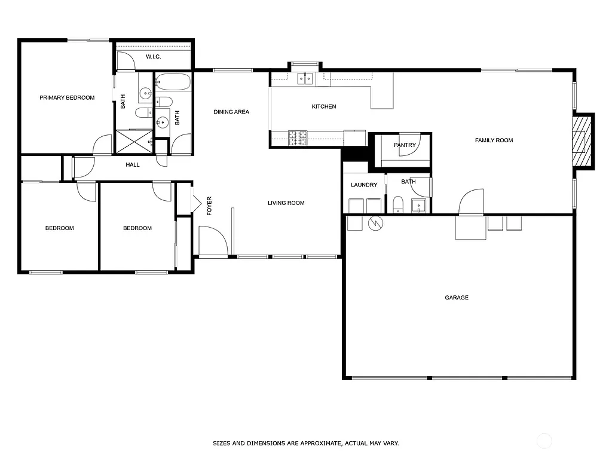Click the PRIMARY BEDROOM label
pyautogui.click(x=67, y=97)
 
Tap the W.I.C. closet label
pyautogui.click(x=154, y=57)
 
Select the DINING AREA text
pyautogui.click(x=231, y=112)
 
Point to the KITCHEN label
pyautogui.click(x=324, y=106)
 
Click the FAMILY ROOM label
pyautogui.click(x=494, y=140)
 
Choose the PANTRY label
pyautogui.click(x=405, y=145)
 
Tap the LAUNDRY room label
pyautogui.click(x=364, y=185)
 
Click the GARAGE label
pyautogui.click(x=457, y=298)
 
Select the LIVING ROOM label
pyautogui.click(x=286, y=203)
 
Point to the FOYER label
pyautogui.click(x=209, y=206)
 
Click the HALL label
pyautogui.click(x=133, y=164)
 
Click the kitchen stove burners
pyautogui.click(x=298, y=138)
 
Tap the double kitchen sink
pyautogui.click(x=305, y=78)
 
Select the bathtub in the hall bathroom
pyautogui.click(x=173, y=82)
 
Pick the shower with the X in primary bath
pyautogui.click(x=133, y=142)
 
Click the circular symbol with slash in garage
pyautogui.click(x=376, y=223)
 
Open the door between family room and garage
pyautogui.click(x=470, y=203)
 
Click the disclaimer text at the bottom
pyautogui.click(x=305, y=443)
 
